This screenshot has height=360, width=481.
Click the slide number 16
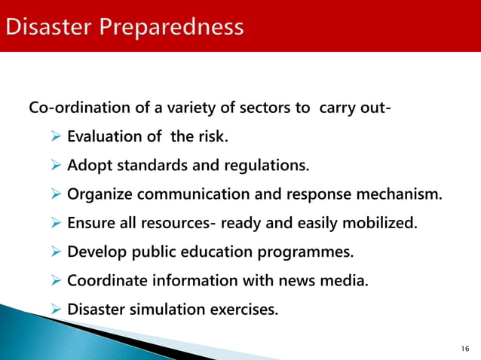point(464,349)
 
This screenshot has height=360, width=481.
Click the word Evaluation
point(103,137)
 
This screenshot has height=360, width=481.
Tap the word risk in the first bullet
point(212,137)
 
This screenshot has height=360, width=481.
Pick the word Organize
point(97,194)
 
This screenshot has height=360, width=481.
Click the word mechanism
point(403,194)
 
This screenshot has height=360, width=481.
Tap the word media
point(349,280)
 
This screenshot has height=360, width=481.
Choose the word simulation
point(164,309)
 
